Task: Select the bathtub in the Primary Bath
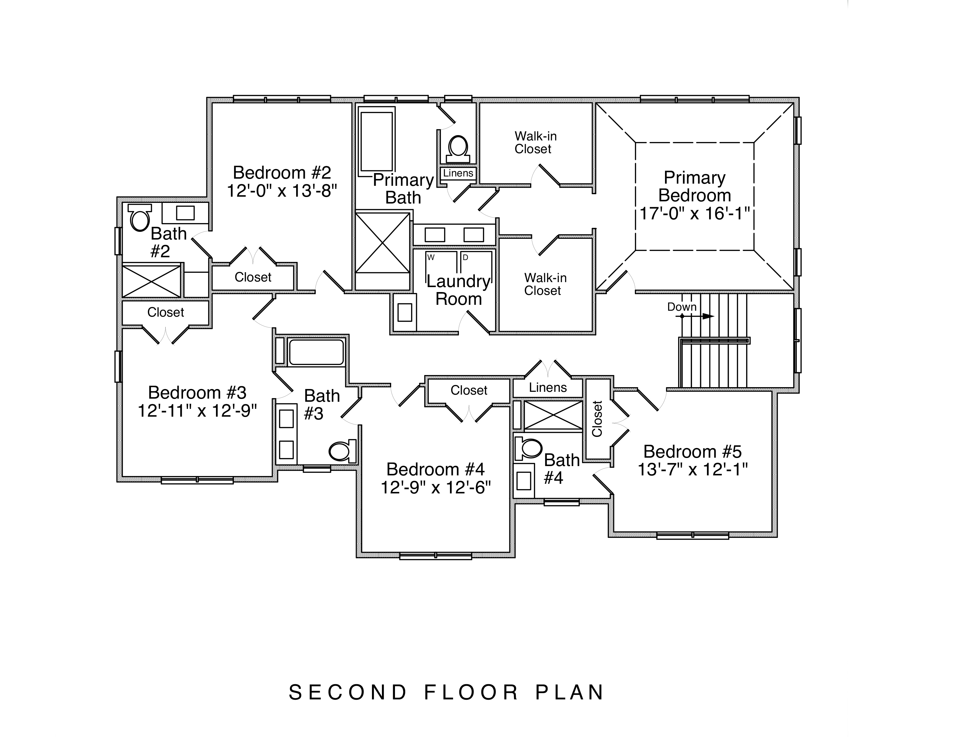coord(377,142)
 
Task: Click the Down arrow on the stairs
coord(698,316)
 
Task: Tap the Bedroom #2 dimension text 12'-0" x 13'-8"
coord(282,191)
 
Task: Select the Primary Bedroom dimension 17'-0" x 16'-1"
coord(695,214)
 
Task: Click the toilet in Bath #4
coord(529,448)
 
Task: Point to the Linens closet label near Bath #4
coord(548,387)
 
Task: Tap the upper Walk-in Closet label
coord(535,142)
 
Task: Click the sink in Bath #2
coord(185,213)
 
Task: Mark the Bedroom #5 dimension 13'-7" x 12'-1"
coord(693,469)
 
